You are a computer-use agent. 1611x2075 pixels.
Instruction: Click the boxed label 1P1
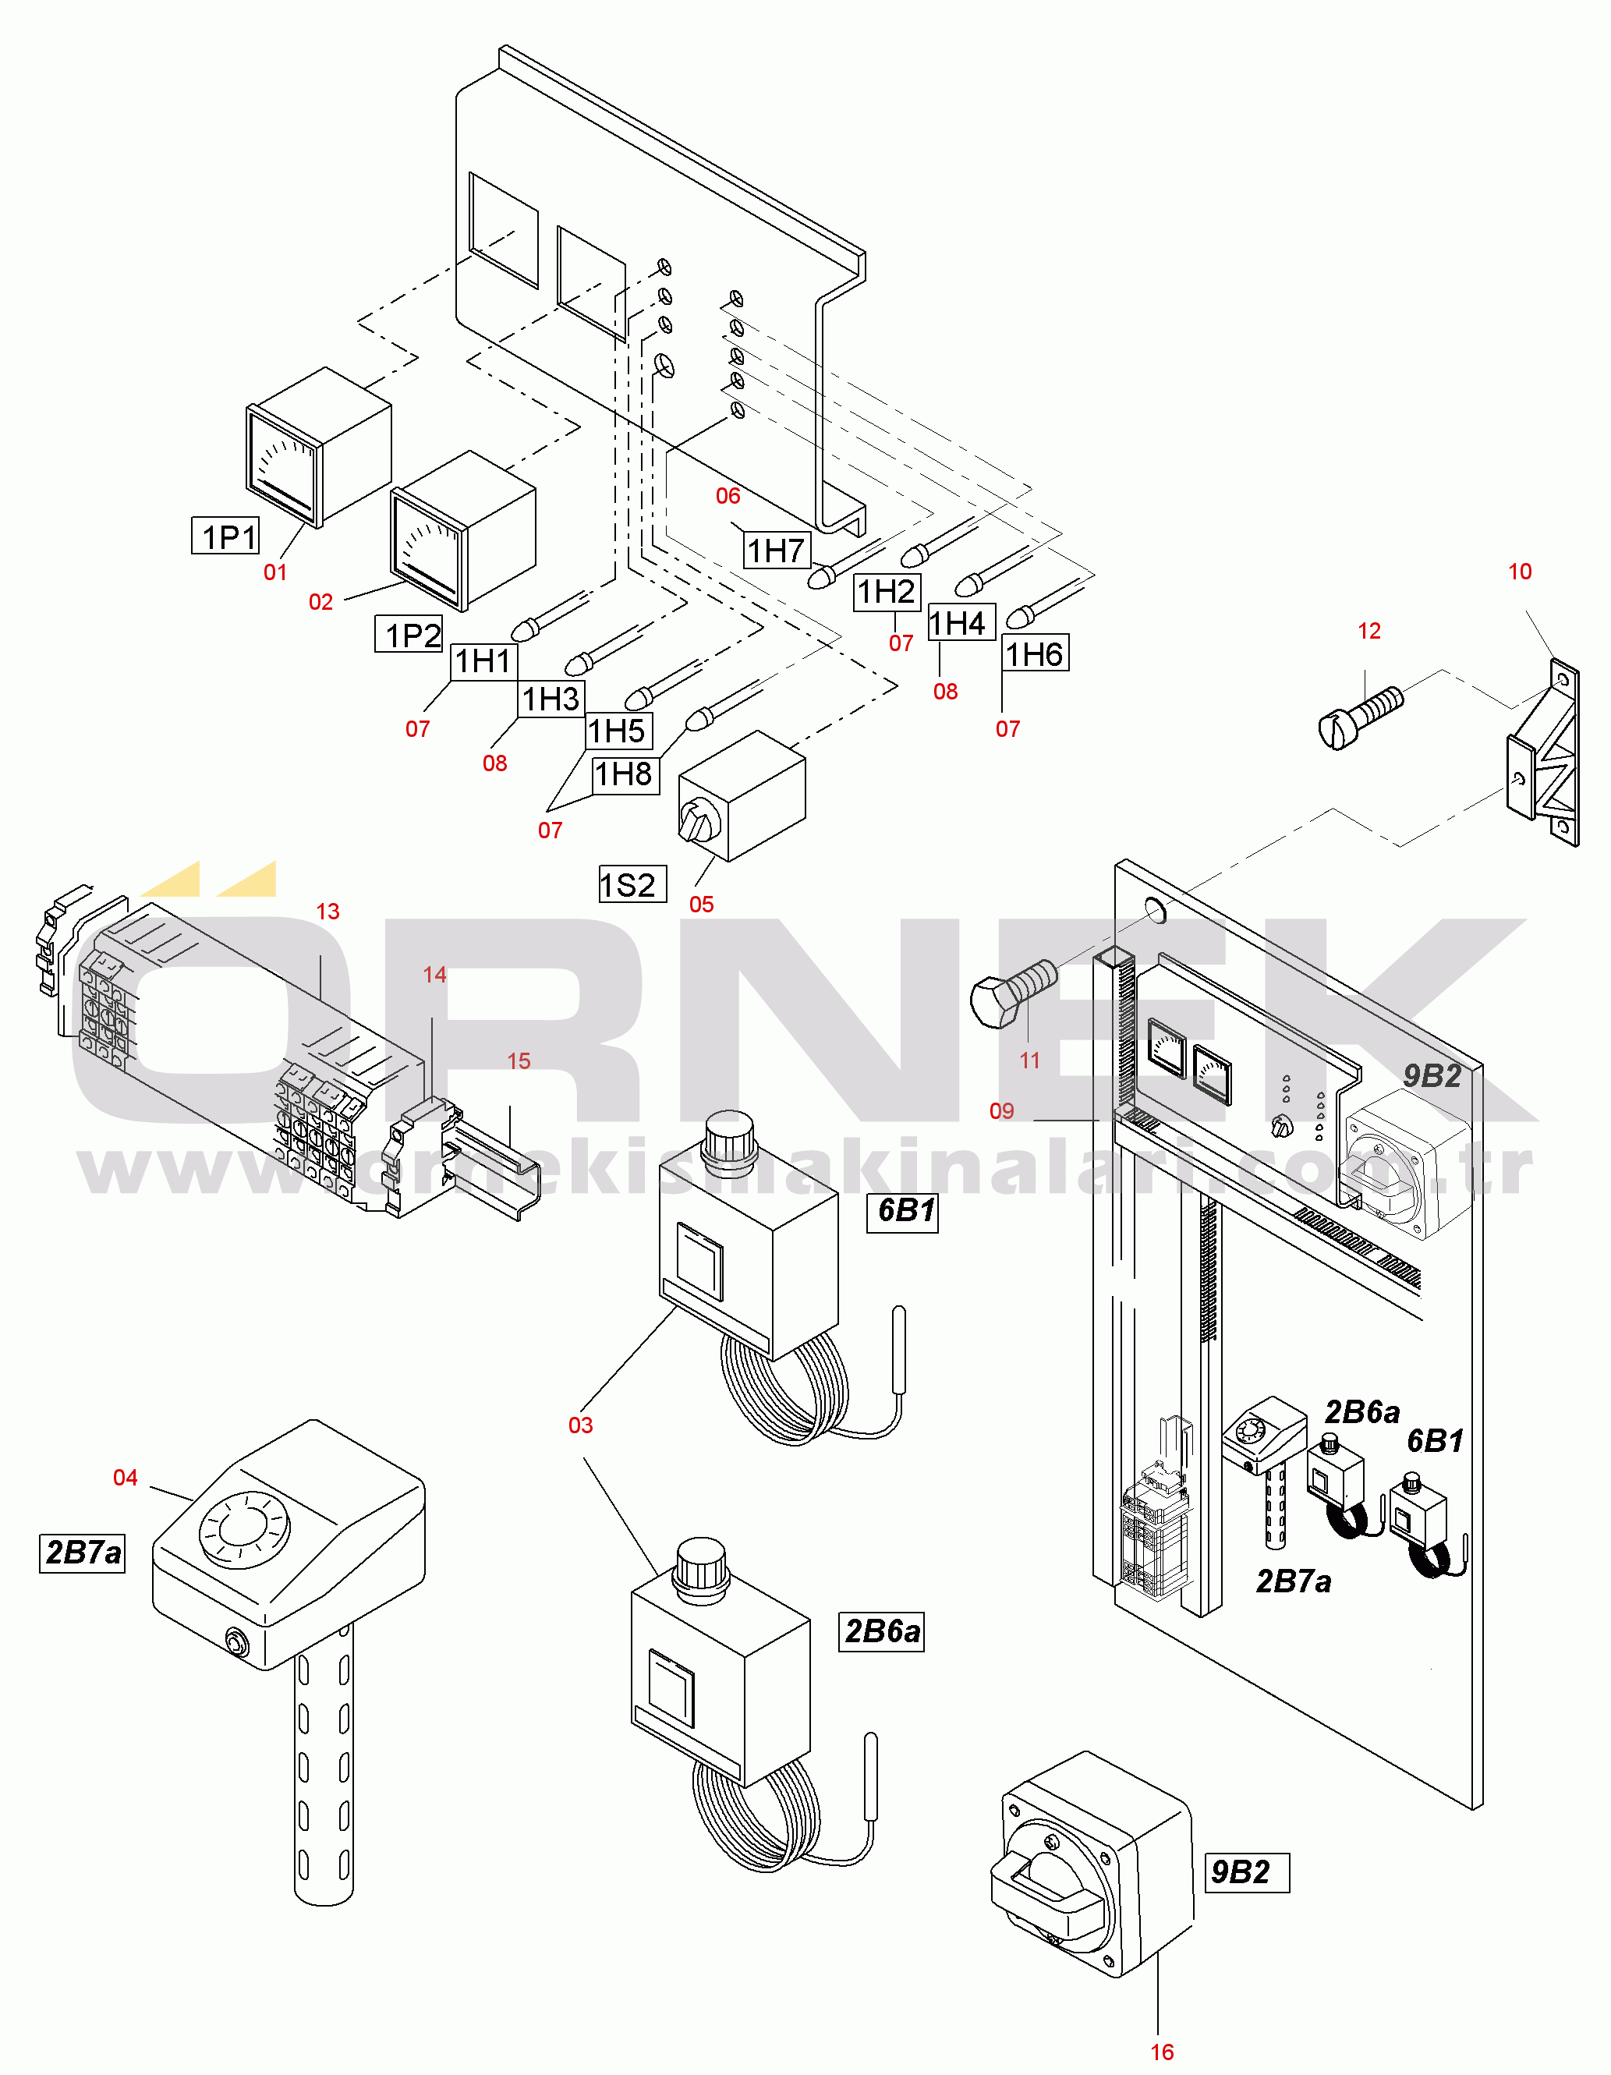[x=226, y=536]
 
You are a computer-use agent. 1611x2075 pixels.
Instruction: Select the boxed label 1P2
[x=409, y=634]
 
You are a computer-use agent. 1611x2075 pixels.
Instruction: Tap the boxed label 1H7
[x=776, y=550]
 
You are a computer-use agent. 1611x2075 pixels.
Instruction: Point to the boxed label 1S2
[x=632, y=884]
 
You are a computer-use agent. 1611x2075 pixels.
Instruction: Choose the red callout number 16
[x=1162, y=2052]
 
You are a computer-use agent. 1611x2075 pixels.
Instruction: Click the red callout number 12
[x=1368, y=631]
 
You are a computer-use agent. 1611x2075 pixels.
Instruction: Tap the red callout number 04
[x=126, y=1478]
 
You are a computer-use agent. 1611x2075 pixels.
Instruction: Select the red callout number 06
[x=728, y=496]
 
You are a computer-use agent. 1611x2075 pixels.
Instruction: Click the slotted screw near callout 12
[x=1360, y=717]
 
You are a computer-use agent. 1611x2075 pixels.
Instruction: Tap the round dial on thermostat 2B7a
[x=243, y=1528]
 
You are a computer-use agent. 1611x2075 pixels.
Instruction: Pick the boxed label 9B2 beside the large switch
[x=1246, y=1872]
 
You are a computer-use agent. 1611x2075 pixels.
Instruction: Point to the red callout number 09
[x=1001, y=1110]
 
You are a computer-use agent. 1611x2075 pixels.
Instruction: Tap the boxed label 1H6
[x=1036, y=653]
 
